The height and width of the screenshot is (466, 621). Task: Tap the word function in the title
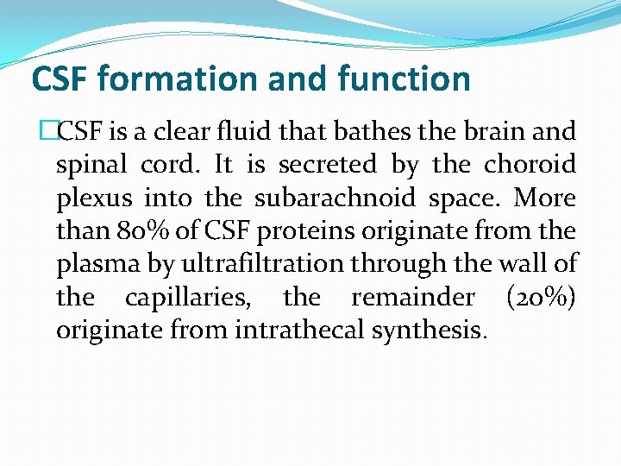point(405,79)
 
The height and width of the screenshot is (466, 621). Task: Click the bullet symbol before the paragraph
point(47,132)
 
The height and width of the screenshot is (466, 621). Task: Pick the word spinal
point(87,164)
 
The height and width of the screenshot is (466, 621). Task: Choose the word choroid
point(530,164)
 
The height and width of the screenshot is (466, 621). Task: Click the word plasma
point(96,264)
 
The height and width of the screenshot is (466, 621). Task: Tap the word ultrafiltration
point(279,264)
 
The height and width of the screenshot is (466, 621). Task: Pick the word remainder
point(412,298)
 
